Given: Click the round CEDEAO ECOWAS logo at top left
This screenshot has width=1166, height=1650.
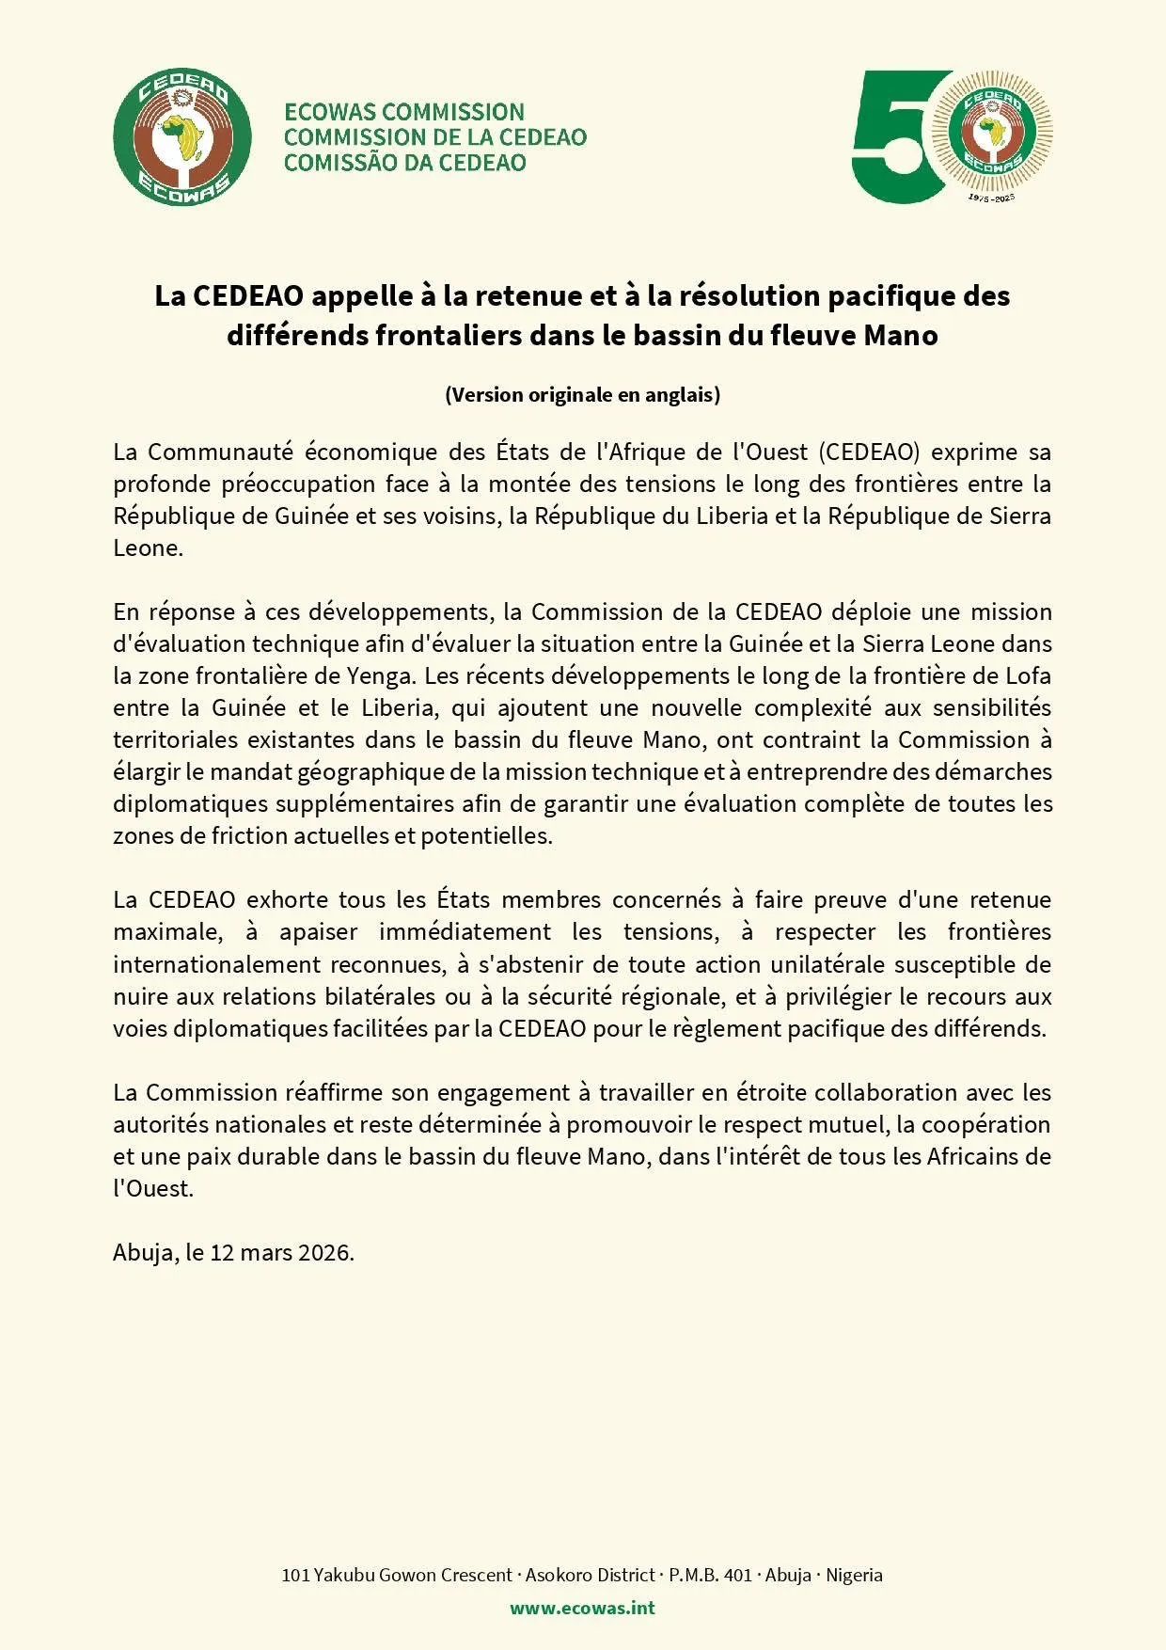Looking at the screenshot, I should point(182,137).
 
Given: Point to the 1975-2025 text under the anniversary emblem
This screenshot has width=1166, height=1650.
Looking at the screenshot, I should point(991,198).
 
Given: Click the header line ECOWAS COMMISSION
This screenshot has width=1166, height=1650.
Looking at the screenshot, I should point(404,112).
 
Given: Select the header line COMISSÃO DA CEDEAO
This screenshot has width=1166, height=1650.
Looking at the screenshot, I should point(404,163).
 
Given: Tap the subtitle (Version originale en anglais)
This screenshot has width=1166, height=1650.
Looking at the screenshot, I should point(583,395).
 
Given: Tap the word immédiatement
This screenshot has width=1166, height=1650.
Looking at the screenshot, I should point(465,932).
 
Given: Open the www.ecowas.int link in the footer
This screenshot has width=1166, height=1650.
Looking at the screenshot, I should point(583,1608).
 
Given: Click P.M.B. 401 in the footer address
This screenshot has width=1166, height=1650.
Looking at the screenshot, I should point(710,1576).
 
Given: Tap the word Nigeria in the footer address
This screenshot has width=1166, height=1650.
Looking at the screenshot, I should point(854,1576).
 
